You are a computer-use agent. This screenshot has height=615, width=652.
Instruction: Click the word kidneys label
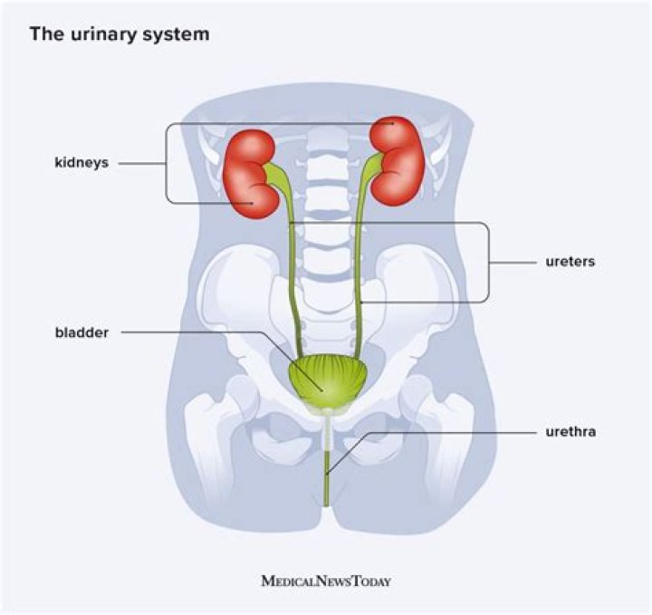coord(81,164)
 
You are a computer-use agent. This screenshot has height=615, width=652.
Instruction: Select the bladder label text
coord(81,332)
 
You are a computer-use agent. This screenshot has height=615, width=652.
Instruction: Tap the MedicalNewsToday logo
coord(326,581)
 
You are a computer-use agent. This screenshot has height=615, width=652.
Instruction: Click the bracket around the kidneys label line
coord(167,164)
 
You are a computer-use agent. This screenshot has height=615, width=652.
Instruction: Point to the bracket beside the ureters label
coord(489,262)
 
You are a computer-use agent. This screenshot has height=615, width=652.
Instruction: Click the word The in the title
coord(45,35)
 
